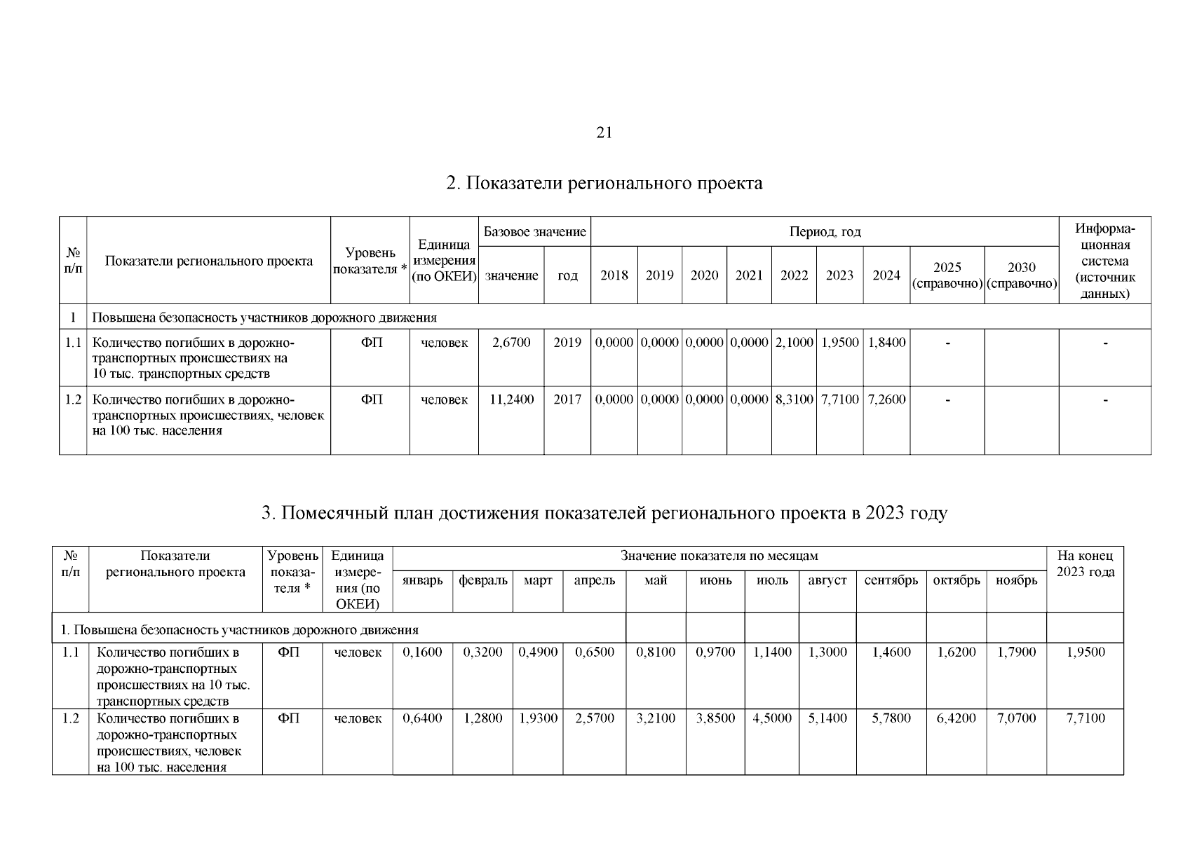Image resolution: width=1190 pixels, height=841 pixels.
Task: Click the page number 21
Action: pos(604,132)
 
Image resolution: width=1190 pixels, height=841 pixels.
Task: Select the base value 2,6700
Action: pos(511,343)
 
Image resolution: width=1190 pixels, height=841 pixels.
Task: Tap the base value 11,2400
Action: pos(511,399)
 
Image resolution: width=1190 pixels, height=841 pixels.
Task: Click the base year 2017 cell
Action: pos(567,399)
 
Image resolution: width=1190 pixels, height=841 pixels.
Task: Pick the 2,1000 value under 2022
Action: pos(794,343)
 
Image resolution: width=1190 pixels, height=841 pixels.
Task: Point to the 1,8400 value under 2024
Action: pos(886,343)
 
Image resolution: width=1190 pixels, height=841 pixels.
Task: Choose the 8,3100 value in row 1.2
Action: pos(794,399)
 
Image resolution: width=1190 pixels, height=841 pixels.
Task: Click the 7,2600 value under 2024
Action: pos(886,399)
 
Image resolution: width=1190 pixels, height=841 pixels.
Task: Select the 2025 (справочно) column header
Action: pos(947,275)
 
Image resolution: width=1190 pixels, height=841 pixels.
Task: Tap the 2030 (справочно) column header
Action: pos(1021,275)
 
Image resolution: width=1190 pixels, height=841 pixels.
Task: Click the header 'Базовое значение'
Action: pos(534,231)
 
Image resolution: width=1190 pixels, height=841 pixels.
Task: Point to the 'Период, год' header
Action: pos(825,231)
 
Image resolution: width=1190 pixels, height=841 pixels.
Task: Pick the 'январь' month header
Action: pos(422,580)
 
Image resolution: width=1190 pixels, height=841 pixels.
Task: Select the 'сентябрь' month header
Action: pos(891,580)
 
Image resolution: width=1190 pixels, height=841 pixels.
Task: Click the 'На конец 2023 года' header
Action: pos(1085,564)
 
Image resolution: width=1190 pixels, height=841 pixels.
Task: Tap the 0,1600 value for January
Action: pos(422,652)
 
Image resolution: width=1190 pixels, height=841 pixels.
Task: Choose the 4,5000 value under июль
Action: pos(771,718)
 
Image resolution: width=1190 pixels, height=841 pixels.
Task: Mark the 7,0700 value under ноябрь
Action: pos(1016,718)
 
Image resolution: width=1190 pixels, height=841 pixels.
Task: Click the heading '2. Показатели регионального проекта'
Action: pos(604,184)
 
